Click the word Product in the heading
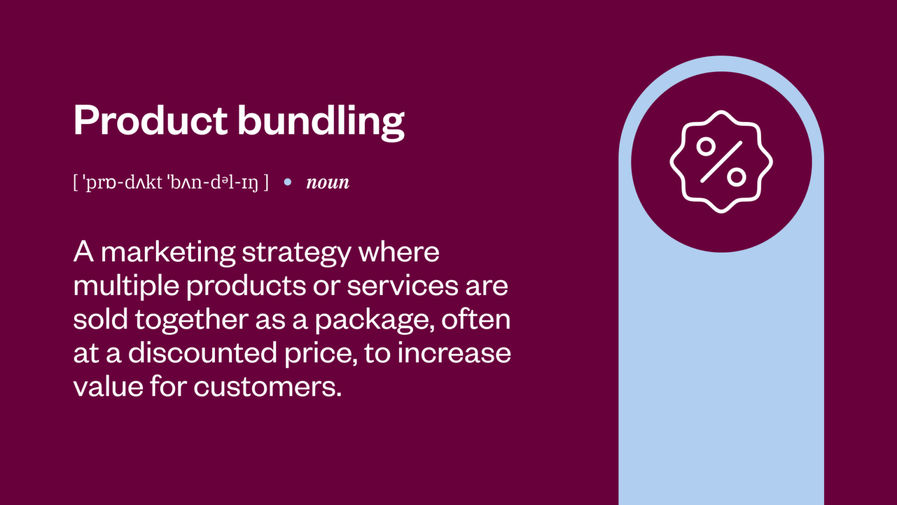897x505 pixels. click(150, 120)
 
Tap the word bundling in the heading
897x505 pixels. click(321, 122)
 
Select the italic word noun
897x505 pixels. click(328, 182)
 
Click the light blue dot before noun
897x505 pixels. click(287, 182)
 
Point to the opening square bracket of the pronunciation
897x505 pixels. click(76, 182)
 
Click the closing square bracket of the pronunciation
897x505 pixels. click(266, 182)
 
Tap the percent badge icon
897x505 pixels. click(721, 162)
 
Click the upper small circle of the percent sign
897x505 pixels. click(706, 146)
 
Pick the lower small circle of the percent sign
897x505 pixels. click(736, 177)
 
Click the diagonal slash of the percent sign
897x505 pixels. click(721, 161)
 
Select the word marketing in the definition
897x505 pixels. click(168, 252)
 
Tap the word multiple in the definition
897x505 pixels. click(126, 286)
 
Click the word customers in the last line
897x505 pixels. click(267, 387)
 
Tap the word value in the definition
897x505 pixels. click(107, 387)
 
